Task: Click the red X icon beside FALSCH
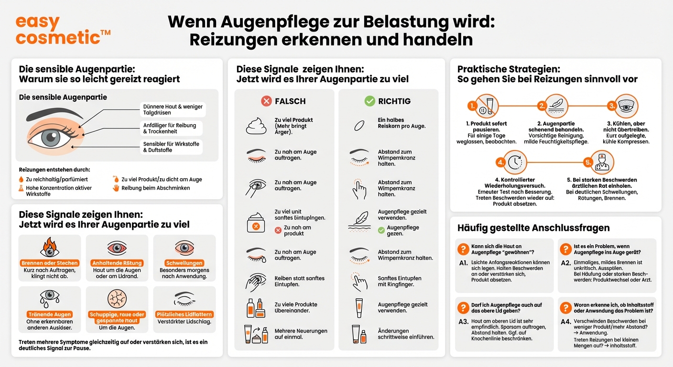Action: click(x=266, y=101)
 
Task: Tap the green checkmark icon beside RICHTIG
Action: click(x=369, y=101)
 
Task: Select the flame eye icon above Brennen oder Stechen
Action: click(x=50, y=248)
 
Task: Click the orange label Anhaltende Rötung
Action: click(x=117, y=263)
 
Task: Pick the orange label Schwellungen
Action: click(x=185, y=263)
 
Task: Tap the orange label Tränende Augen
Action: click(x=50, y=314)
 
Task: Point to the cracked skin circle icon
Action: click(x=117, y=299)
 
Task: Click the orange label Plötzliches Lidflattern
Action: click(x=185, y=314)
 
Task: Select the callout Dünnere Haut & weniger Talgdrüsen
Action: click(x=173, y=110)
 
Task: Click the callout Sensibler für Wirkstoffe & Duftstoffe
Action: click(x=171, y=147)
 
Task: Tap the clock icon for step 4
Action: click(x=514, y=162)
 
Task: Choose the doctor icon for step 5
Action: click(x=601, y=162)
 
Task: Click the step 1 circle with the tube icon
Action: click(x=486, y=106)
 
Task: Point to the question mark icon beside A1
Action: click(x=463, y=249)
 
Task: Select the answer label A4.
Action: click(x=565, y=322)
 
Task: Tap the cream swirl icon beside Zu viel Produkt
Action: click(x=256, y=126)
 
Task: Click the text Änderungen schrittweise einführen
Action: click(x=406, y=334)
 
